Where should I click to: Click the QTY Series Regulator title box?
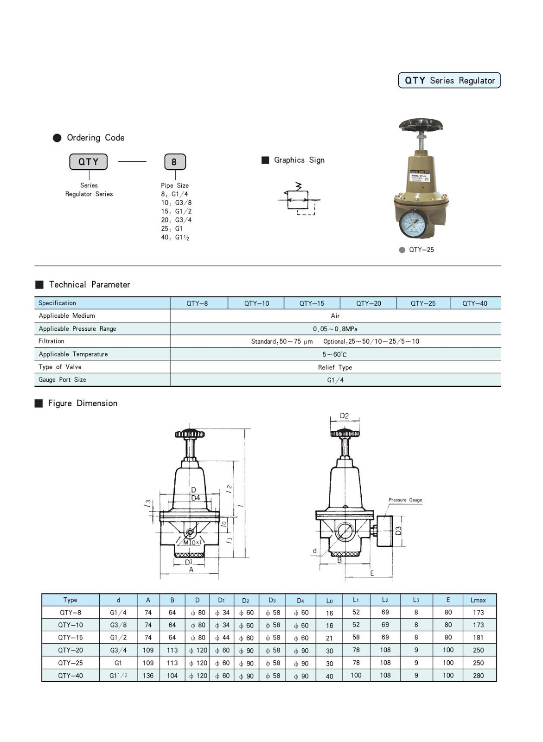click(449, 80)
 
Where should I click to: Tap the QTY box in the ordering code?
click(88, 162)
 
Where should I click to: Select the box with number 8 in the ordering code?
click(175, 162)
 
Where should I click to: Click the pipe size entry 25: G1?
click(172, 229)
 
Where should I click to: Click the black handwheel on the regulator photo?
click(421, 125)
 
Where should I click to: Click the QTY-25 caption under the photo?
click(421, 249)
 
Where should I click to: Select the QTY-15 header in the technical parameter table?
click(312, 303)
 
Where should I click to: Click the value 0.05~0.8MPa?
click(335, 329)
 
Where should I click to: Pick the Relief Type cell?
click(335, 367)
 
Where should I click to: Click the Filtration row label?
click(51, 341)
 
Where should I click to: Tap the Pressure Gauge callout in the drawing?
click(405, 500)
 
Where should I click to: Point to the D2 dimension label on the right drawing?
click(344, 416)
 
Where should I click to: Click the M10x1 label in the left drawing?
click(192, 542)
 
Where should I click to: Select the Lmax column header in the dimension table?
click(478, 600)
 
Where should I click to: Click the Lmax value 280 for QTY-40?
click(478, 676)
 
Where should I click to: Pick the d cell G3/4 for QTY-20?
click(118, 650)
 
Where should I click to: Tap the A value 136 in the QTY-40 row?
click(148, 676)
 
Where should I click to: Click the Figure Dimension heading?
click(83, 403)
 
